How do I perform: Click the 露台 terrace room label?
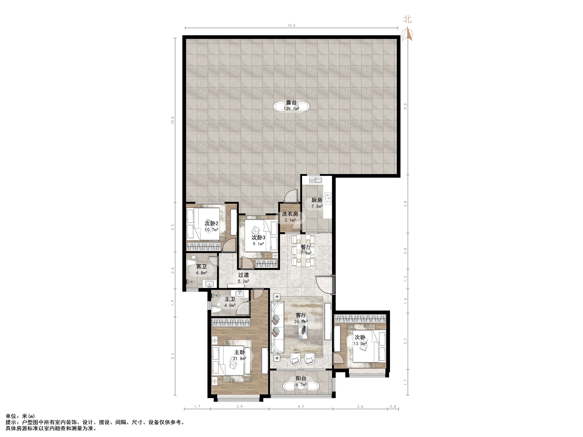(x=291, y=102)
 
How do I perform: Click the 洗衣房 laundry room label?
(x=290, y=214)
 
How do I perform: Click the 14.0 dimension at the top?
(x=291, y=26)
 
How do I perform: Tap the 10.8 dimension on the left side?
(x=173, y=120)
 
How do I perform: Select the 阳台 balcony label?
(x=301, y=378)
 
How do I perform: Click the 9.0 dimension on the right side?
(x=406, y=106)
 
